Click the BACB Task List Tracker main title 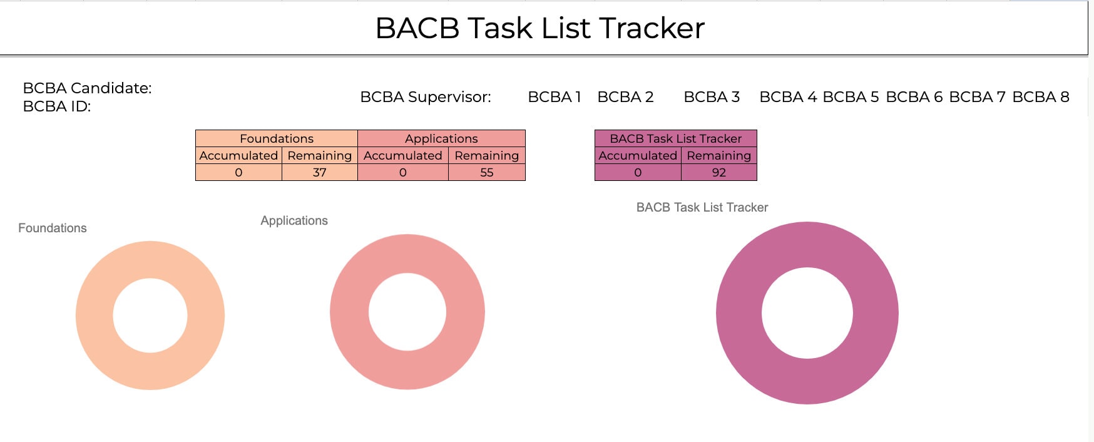pos(539,28)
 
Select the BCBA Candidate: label pos(87,88)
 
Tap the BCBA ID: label pos(57,106)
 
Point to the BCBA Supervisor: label pos(426,97)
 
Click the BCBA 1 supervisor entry pos(555,97)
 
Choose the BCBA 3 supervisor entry pos(712,97)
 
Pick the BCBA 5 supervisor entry pos(851,97)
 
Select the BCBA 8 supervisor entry pos(1040,97)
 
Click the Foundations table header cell pos(277,138)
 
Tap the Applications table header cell pos(441,138)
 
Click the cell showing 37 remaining pos(320,173)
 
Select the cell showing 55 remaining pos(487,173)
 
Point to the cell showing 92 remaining pos(719,173)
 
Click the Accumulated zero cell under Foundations pos(238,173)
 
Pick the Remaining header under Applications pos(487,155)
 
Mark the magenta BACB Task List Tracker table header pos(675,138)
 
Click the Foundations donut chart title pos(53,229)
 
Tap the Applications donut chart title pos(294,221)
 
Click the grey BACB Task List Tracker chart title pos(702,208)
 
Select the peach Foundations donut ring pos(94,316)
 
